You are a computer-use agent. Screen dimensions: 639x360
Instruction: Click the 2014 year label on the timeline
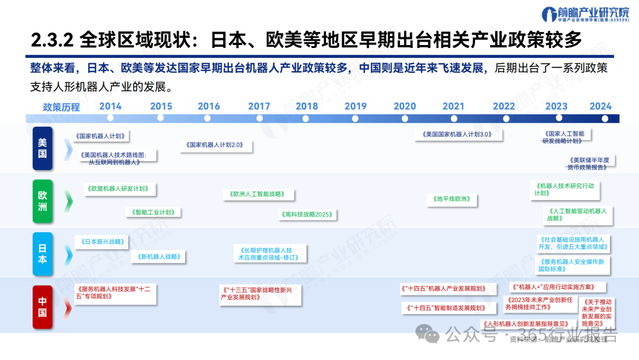(110, 106)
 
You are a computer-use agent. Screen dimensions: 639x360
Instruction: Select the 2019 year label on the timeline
(356, 106)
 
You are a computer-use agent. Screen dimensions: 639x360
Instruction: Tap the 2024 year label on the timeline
(601, 106)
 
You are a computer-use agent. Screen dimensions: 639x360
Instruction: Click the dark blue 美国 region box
(43, 149)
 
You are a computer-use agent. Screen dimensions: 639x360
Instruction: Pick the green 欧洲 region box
(43, 201)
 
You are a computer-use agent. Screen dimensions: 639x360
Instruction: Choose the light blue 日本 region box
(43, 254)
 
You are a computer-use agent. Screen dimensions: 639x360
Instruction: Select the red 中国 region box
(43, 307)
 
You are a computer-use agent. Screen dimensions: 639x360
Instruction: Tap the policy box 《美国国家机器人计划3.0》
(457, 134)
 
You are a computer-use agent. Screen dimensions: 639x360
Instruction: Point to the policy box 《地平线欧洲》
(451, 200)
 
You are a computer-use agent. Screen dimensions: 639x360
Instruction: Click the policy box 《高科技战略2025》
(308, 214)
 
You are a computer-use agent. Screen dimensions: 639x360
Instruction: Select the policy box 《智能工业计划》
(153, 212)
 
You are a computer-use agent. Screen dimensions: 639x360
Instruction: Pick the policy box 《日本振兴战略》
(102, 242)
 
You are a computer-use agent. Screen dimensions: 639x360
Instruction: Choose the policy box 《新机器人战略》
(160, 257)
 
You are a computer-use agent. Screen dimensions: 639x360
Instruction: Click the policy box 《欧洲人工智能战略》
(259, 194)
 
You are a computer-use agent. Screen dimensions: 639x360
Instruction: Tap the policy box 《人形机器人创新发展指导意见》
(526, 324)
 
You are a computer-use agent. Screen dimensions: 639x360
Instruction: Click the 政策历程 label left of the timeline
(61, 107)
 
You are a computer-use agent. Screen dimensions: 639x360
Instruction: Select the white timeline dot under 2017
(259, 118)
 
